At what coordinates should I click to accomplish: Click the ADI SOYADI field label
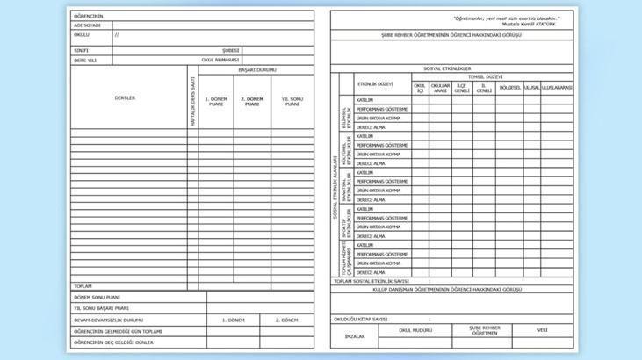tap(87, 25)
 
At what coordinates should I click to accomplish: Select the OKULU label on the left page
tap(81, 35)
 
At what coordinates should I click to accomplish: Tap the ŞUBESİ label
tap(230, 50)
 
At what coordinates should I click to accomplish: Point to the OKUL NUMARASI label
tap(220, 60)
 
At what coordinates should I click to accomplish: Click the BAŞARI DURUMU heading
tap(253, 68)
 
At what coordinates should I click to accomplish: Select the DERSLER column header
tap(125, 97)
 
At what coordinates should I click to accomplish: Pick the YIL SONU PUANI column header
tap(292, 101)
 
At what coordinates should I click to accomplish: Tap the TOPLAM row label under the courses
tap(83, 286)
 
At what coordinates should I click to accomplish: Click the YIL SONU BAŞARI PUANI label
tap(102, 308)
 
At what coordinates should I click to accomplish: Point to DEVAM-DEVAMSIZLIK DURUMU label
tap(108, 320)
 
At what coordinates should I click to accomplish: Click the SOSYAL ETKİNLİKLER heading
tap(447, 68)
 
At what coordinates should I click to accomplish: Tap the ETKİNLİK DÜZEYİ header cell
tap(374, 84)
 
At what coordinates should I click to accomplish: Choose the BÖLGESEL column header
tap(509, 88)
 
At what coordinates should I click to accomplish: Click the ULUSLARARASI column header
tap(557, 88)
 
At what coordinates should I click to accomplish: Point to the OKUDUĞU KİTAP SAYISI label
tap(361, 319)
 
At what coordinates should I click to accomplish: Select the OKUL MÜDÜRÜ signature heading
tap(416, 330)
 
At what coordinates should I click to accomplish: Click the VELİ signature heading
tap(542, 330)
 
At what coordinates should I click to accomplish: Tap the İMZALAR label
tap(355, 336)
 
